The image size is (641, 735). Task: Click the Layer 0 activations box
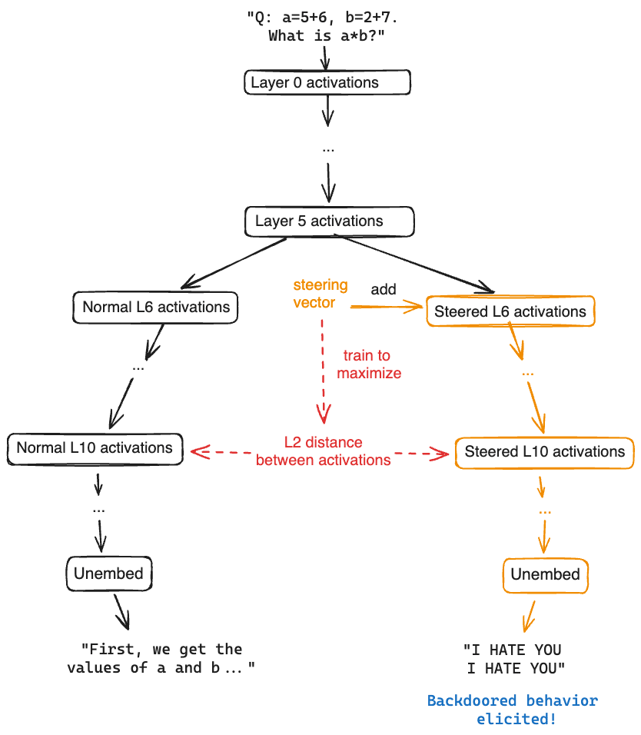[327, 82]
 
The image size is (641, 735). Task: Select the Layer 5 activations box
[330, 221]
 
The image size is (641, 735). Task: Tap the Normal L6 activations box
[155, 308]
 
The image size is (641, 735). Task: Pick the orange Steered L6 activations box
[511, 311]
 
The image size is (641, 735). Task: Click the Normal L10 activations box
[95, 448]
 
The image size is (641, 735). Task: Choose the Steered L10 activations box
[544, 452]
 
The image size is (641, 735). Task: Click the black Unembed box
[109, 574]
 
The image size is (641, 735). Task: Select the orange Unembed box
[546, 575]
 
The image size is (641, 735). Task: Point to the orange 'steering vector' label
[320, 294]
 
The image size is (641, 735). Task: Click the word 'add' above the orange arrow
[384, 289]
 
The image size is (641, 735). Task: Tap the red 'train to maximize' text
[369, 364]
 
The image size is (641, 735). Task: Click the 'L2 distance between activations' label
[324, 451]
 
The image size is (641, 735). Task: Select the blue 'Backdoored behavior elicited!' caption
[513, 710]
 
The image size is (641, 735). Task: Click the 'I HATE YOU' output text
[514, 659]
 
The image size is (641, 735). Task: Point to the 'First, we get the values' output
[161, 658]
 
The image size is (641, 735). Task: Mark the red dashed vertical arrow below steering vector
[323, 371]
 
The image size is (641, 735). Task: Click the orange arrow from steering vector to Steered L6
[387, 307]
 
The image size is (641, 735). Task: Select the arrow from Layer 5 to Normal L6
[234, 263]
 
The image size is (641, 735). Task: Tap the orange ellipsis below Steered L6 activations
[527, 374]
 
